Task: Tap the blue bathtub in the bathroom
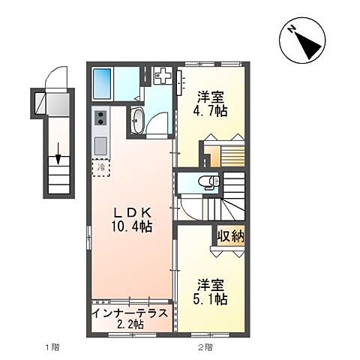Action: tap(102, 84)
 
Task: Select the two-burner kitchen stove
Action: tap(100, 118)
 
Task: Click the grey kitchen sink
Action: tap(100, 145)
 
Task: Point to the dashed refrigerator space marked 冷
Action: tap(101, 167)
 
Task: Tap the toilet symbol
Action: tap(209, 181)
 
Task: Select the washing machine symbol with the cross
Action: tap(163, 75)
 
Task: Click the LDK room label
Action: tap(133, 213)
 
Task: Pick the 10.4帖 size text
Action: tap(131, 226)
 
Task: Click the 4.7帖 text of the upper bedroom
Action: tap(210, 111)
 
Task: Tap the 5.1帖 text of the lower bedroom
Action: tap(210, 299)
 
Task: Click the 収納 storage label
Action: tap(230, 235)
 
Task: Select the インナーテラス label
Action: tap(130, 313)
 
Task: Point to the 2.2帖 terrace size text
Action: tap(130, 324)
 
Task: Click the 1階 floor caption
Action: tap(52, 346)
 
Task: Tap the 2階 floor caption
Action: tap(205, 346)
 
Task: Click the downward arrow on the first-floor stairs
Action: tap(58, 154)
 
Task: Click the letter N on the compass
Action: tap(291, 30)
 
